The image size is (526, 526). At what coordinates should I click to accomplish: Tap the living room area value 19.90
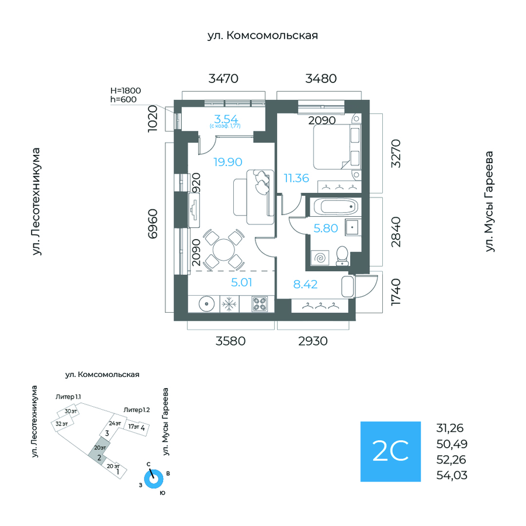228,162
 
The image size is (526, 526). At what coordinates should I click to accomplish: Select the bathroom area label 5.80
326,229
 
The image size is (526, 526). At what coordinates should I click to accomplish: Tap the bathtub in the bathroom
335,206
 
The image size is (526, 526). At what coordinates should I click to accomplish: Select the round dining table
224,250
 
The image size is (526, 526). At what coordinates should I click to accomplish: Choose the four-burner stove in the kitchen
259,304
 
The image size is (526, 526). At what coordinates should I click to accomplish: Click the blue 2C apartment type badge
390,451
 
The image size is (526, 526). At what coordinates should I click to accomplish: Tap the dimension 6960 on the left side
153,224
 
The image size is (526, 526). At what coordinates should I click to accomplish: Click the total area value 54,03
452,476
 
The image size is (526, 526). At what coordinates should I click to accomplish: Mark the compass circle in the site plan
154,479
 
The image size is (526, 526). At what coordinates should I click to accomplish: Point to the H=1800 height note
126,91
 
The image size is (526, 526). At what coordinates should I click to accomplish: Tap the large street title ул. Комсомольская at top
262,36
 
